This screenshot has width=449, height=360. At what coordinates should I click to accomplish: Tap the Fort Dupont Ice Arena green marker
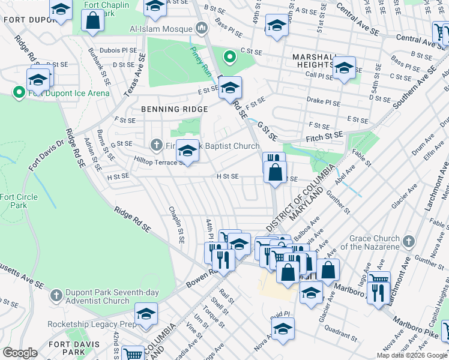pos(18,93)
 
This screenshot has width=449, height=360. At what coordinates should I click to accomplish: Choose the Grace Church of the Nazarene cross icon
pos(408,241)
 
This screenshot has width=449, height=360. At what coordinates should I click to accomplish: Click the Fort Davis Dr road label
pos(45,155)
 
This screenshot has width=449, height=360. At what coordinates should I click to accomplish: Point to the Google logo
pos(20,353)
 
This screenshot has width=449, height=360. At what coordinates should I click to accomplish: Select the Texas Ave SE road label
pos(134,75)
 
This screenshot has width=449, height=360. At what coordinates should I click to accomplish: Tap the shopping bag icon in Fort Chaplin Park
pos(93,21)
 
